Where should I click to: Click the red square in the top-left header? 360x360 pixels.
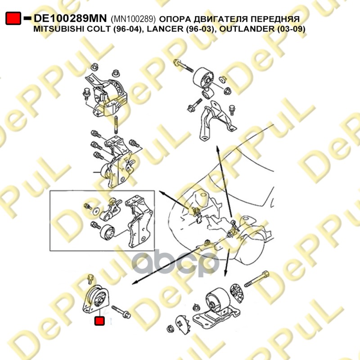click(x=13, y=18)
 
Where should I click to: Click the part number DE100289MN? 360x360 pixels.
click(x=70, y=18)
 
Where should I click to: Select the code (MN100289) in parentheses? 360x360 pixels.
click(x=133, y=19)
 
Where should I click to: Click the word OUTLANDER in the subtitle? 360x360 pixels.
click(x=247, y=29)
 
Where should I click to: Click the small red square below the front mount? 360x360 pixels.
click(x=99, y=321)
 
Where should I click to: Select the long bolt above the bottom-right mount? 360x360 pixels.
click(x=256, y=279)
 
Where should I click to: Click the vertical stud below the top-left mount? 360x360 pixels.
click(x=116, y=125)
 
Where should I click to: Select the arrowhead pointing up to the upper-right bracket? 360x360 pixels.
click(x=217, y=148)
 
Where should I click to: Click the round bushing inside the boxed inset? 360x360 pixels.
click(x=108, y=232)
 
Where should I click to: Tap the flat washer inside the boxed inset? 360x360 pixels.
click(x=96, y=211)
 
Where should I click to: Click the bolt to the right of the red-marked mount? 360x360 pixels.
click(x=121, y=311)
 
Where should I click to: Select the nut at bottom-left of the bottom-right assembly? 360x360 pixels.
click(x=170, y=329)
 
